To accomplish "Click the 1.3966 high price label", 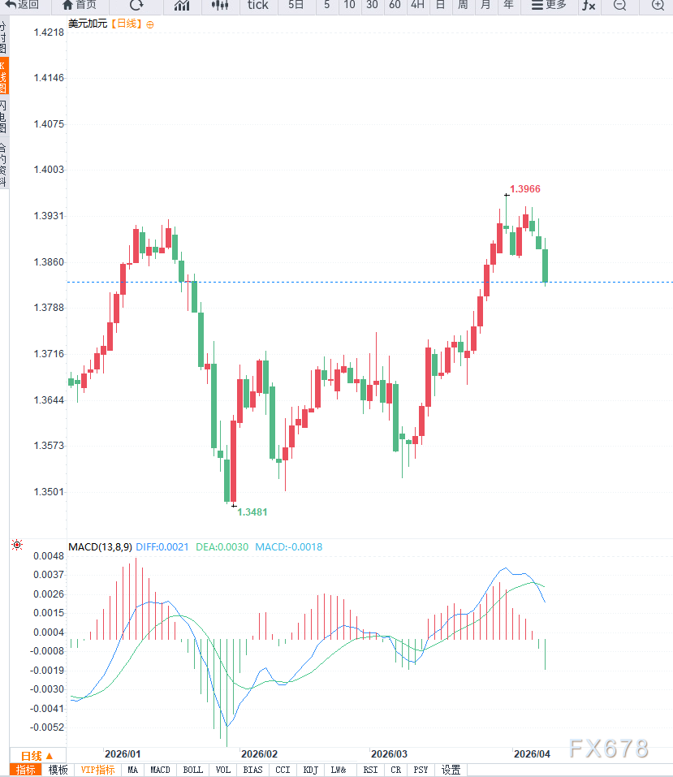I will tap(525, 188).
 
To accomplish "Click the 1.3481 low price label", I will tap(252, 512).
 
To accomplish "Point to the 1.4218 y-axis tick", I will tap(48, 32).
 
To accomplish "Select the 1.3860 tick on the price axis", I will tap(48, 262).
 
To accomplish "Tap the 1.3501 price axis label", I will tap(48, 492).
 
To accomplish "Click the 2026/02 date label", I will tap(260, 753).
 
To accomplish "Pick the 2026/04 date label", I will tap(532, 753).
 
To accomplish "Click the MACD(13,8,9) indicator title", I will tap(100, 546).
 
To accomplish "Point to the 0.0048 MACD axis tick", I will tap(49, 556).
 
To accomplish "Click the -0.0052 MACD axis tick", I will tap(48, 727).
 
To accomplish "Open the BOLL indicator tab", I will tap(193, 770).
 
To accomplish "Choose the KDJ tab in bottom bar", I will tap(310, 770).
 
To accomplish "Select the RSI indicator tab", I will tap(370, 770).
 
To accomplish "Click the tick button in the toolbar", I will tap(257, 5).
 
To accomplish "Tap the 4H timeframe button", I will tap(416, 5).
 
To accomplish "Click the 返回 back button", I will tap(22, 5).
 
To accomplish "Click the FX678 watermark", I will tap(609, 749).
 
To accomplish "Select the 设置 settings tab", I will tap(451, 770).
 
